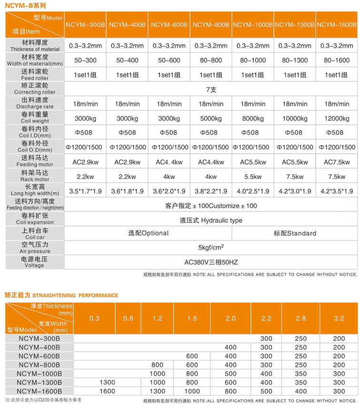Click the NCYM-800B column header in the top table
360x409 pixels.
[x=211, y=24]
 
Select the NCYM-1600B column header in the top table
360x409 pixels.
[x=337, y=24]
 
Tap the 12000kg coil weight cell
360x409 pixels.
[x=337, y=118]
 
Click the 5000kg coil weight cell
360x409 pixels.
[x=211, y=118]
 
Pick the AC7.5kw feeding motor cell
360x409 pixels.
[x=337, y=162]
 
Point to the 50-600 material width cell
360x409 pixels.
[x=169, y=60]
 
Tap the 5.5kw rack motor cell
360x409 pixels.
[x=253, y=177]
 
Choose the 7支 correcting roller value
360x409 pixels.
[x=211, y=89]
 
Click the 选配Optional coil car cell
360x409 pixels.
[x=148, y=233]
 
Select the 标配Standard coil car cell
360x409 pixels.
[x=295, y=233]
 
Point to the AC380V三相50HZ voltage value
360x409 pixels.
[x=211, y=262]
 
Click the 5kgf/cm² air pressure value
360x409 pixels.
[x=211, y=248]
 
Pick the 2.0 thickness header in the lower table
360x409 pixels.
[x=230, y=318]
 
